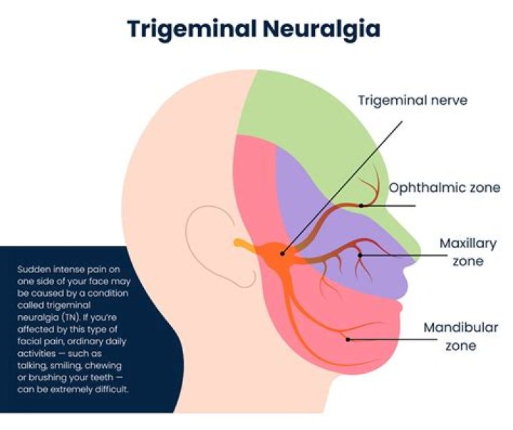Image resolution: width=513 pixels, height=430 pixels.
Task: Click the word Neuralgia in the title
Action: pos(324,29)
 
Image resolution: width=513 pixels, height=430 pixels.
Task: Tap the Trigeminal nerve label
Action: pos(413,101)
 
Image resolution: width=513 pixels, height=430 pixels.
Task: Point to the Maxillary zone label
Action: pos(467,252)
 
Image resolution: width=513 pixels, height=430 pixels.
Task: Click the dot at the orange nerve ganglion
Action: pos(283,252)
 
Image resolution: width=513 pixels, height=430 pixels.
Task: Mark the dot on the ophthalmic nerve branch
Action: pos(362,205)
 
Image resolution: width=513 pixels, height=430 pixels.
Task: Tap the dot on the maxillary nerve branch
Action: pos(361,254)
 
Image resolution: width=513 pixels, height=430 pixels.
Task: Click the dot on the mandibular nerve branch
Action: pos(348,339)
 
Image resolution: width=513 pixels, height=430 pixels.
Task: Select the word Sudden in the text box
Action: pos(32,269)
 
